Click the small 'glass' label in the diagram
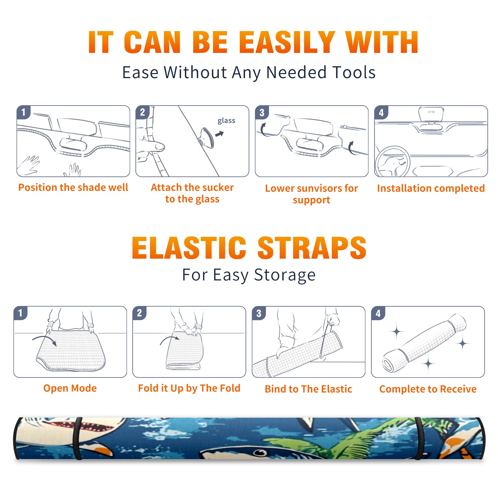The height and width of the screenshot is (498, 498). [226, 121]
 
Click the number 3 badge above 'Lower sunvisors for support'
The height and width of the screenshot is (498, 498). [262, 112]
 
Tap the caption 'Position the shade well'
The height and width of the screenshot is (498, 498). [73, 187]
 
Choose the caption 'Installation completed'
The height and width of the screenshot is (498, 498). [431, 188]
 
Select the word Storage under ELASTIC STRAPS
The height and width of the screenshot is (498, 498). [285, 275]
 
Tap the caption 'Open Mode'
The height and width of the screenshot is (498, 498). [70, 388]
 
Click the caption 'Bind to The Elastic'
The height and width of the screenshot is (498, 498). [308, 389]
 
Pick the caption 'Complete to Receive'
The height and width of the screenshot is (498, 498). [428, 389]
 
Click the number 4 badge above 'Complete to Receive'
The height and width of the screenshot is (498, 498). [378, 313]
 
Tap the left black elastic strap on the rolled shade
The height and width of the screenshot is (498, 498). [77, 438]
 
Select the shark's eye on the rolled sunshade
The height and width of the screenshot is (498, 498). [260, 453]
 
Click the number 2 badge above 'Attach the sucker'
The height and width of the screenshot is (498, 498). [143, 112]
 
